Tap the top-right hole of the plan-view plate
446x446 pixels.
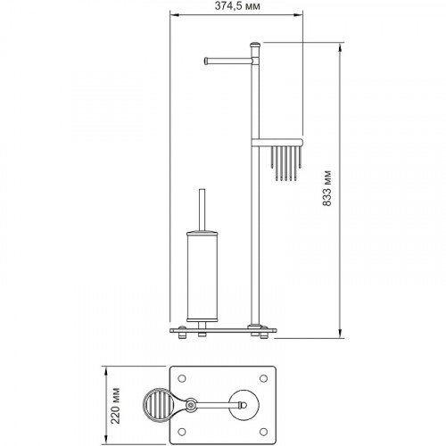click(263, 378)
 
